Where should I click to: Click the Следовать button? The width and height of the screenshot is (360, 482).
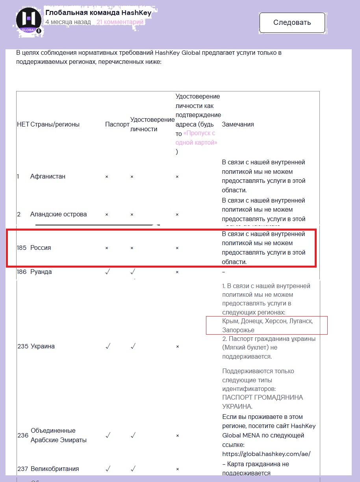click(x=292, y=22)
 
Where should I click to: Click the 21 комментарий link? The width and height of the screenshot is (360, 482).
click(x=120, y=22)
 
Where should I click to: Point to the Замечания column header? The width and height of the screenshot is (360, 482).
click(x=238, y=125)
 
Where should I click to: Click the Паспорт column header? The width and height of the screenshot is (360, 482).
click(x=117, y=125)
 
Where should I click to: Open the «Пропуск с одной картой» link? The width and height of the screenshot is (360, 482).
click(x=200, y=138)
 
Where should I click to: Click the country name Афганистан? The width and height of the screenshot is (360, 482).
click(x=48, y=177)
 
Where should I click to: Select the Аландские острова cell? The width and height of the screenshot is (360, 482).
click(x=58, y=214)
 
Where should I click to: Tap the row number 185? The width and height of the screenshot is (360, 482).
click(x=22, y=248)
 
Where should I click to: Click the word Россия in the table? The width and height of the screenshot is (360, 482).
click(x=41, y=248)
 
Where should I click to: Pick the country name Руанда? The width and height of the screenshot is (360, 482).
click(x=41, y=272)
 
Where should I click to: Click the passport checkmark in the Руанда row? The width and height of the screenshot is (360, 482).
click(x=108, y=272)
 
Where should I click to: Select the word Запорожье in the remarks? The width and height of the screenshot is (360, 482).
click(x=238, y=330)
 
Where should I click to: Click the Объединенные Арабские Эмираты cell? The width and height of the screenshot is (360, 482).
click(x=53, y=435)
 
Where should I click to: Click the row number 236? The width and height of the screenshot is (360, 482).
click(x=22, y=435)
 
